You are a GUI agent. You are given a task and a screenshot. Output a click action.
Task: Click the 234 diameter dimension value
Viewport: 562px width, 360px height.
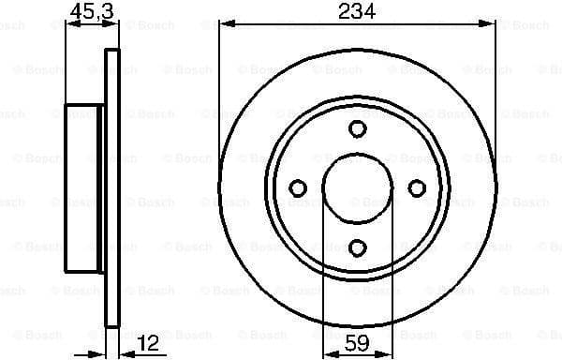click(x=357, y=11)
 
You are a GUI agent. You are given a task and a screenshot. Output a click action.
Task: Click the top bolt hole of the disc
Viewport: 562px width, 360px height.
click(x=357, y=129)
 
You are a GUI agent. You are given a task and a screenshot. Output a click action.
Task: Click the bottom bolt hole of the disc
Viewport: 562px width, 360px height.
click(x=357, y=247)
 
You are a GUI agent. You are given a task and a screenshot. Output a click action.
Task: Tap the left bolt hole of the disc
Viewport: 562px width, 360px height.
click(x=298, y=188)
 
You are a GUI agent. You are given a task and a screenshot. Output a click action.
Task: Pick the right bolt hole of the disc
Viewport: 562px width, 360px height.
click(x=416, y=188)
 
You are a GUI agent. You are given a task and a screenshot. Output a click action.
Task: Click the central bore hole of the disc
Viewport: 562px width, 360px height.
click(x=357, y=188)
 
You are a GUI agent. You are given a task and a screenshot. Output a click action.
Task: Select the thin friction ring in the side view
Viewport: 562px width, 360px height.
click(x=112, y=187)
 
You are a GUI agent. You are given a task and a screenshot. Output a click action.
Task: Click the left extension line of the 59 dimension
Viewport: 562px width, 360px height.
click(x=323, y=281)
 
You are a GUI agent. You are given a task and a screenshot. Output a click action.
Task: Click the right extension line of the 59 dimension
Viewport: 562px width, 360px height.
click(x=392, y=281)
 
